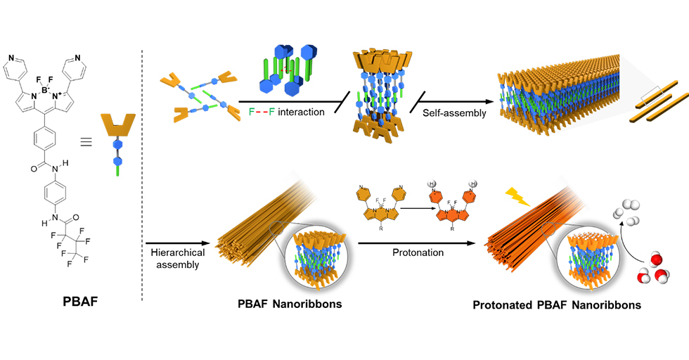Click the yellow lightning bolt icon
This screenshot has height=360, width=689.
pyautogui.click(x=517, y=199)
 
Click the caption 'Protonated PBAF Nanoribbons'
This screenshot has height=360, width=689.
pyautogui.click(x=547, y=307)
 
